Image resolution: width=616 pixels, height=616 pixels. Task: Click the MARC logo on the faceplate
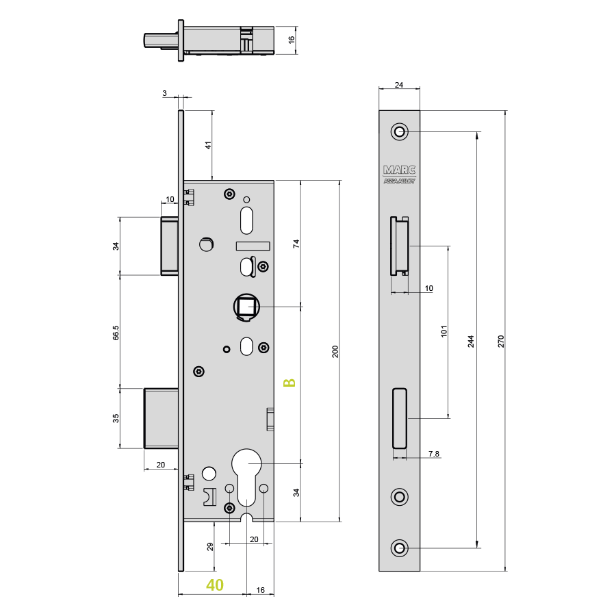(399, 170)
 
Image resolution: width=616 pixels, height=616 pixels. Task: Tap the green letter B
(289, 383)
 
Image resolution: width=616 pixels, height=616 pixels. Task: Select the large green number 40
(215, 585)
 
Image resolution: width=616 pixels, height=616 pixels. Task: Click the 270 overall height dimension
(501, 341)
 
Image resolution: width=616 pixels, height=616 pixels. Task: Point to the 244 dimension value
(471, 342)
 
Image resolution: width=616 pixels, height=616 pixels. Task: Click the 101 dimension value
(444, 331)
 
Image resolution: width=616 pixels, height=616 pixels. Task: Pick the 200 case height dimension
(335, 351)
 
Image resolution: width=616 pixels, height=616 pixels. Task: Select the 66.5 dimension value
(116, 333)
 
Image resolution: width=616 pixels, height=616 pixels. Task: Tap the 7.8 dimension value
(434, 454)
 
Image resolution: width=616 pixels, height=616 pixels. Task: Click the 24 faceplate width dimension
(399, 85)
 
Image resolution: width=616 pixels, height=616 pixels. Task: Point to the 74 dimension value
(296, 244)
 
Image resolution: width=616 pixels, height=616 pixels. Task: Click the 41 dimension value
(208, 145)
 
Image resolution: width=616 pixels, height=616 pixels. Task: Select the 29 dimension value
(210, 546)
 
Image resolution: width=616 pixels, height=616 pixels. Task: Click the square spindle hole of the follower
(246, 307)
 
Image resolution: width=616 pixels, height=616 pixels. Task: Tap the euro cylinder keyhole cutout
(246, 483)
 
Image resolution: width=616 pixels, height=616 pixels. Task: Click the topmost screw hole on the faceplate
(400, 131)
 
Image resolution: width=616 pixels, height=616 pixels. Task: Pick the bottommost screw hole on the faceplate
(400, 548)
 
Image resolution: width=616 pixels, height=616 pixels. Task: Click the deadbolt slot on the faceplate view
(400, 418)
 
